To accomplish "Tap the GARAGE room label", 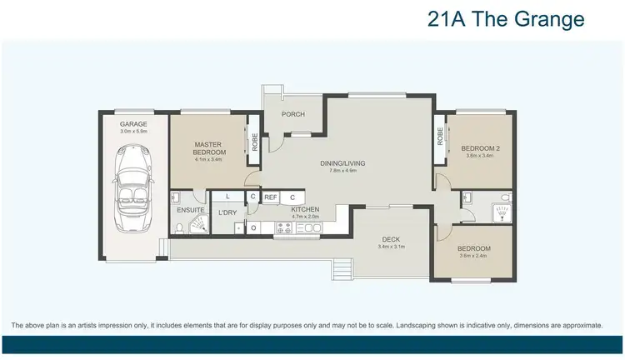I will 133,123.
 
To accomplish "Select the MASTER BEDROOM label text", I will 209,147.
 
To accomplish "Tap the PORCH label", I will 292,114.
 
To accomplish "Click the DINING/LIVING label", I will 342,163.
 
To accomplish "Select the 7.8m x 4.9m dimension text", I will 342,171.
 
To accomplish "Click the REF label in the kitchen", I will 271,197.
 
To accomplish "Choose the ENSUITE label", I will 190,210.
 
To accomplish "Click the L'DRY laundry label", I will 227,212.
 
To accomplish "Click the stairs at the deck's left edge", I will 341,268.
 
